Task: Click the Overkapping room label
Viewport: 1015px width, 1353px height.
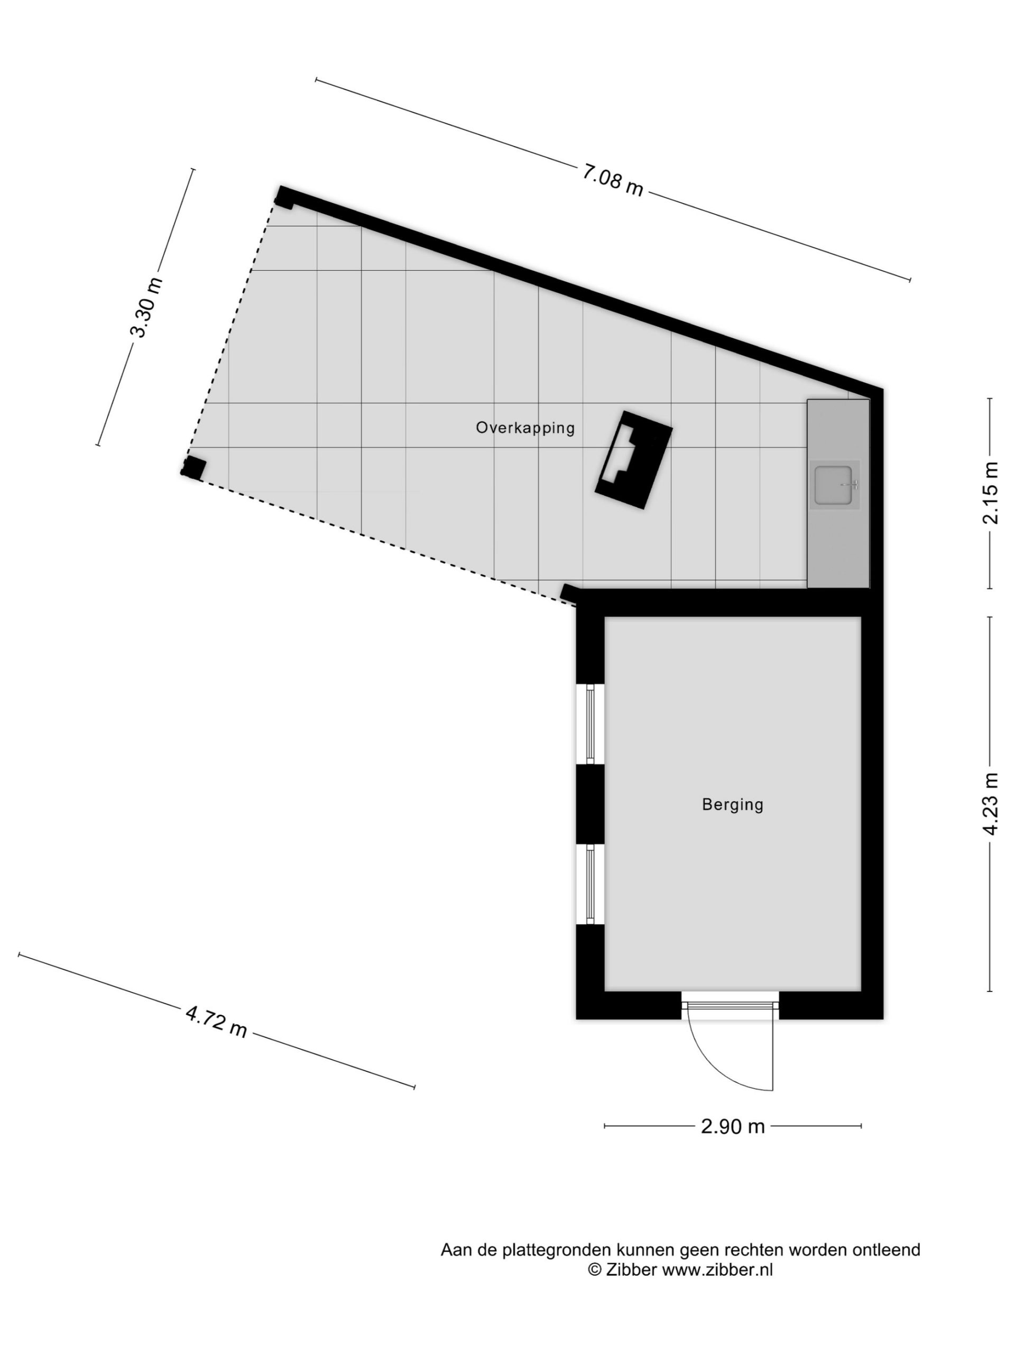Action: tap(525, 428)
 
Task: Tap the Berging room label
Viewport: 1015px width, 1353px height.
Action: tap(732, 805)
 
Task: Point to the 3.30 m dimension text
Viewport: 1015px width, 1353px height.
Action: tap(147, 307)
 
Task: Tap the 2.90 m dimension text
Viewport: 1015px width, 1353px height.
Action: tap(732, 1126)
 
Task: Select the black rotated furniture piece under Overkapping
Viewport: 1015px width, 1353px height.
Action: tap(634, 459)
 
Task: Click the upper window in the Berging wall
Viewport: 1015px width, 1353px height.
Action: tap(590, 724)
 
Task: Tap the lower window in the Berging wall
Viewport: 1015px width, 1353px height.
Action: tap(590, 884)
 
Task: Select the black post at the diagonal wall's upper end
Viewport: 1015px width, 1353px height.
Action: tap(284, 197)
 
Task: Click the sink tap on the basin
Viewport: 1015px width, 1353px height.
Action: tap(852, 485)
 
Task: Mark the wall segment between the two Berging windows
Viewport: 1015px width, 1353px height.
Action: tap(590, 804)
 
